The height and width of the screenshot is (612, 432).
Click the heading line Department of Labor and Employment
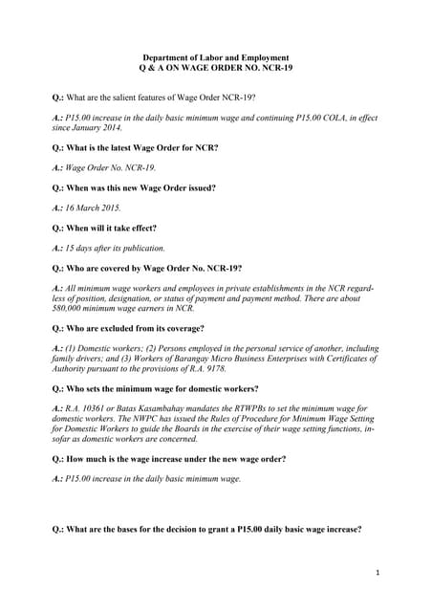pos(215,58)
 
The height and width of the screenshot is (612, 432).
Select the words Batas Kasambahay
pos(151,409)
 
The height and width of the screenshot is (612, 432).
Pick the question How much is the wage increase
pos(168,458)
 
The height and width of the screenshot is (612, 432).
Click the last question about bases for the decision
pos(206,529)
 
